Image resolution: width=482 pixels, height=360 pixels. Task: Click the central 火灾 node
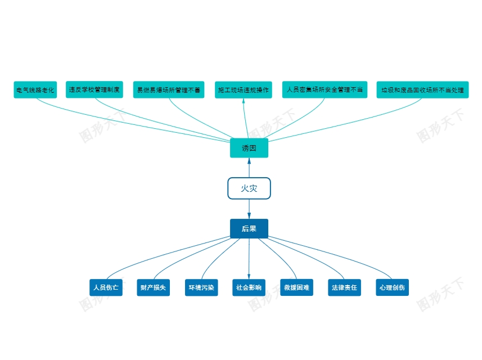[x=249, y=188]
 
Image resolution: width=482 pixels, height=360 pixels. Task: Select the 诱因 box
[x=249, y=148]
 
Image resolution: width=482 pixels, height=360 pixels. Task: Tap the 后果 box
[x=249, y=228]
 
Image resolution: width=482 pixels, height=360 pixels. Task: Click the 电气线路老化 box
[x=35, y=90]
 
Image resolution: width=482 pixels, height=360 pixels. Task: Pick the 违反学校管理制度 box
[x=94, y=89]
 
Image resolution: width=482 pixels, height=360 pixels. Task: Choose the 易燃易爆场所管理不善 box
[x=169, y=90]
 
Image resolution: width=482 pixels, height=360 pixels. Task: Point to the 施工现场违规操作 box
[x=244, y=90]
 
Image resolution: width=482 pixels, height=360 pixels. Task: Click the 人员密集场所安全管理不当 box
[x=325, y=89]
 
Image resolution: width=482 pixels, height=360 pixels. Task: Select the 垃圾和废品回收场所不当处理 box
[x=423, y=90]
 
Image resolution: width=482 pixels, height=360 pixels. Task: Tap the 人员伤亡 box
[x=106, y=287]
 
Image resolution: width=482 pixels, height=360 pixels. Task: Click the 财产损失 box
[x=154, y=287]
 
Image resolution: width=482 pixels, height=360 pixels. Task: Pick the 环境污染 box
[x=201, y=287]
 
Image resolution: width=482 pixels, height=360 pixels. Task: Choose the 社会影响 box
[x=249, y=287]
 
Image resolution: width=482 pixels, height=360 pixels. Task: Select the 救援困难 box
[x=296, y=287]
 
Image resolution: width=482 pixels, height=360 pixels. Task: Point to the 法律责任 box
[x=345, y=287]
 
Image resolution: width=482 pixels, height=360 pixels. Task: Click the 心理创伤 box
[x=392, y=287]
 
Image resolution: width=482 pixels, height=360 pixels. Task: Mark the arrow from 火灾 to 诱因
[x=249, y=168]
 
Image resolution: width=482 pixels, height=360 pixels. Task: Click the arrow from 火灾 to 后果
[x=249, y=209]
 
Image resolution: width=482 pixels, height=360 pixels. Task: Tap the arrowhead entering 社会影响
[x=249, y=276]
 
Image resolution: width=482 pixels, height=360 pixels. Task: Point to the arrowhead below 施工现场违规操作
[x=244, y=101]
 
